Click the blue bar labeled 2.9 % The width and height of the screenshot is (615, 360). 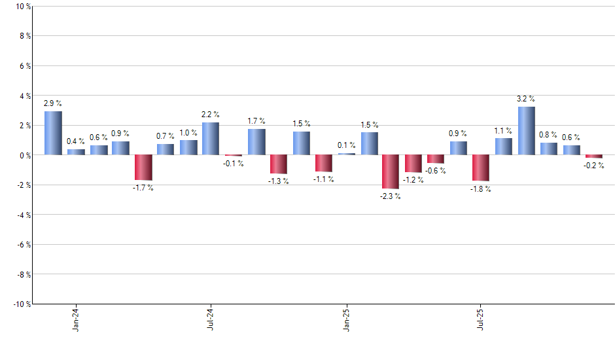(x=53, y=133)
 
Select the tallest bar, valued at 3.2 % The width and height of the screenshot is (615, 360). (x=526, y=131)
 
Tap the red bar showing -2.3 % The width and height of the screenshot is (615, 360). (x=391, y=171)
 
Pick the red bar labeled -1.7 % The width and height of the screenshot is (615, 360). (x=143, y=168)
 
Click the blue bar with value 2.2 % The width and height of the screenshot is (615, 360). (x=211, y=139)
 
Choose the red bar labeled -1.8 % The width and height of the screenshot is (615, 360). (x=481, y=168)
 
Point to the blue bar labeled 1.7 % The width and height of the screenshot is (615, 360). (x=256, y=142)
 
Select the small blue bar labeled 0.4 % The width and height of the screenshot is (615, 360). (x=76, y=152)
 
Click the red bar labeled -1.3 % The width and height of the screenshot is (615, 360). (x=279, y=164)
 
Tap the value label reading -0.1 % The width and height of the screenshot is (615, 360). (x=234, y=163)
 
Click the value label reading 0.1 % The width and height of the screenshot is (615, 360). (x=346, y=145)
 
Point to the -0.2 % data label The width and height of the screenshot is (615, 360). (x=594, y=166)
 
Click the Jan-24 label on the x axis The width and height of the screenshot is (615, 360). (x=76, y=318)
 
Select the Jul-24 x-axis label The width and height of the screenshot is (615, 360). (x=211, y=318)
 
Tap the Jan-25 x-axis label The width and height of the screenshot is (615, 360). (x=346, y=318)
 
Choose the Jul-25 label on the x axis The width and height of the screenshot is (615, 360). (x=481, y=318)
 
